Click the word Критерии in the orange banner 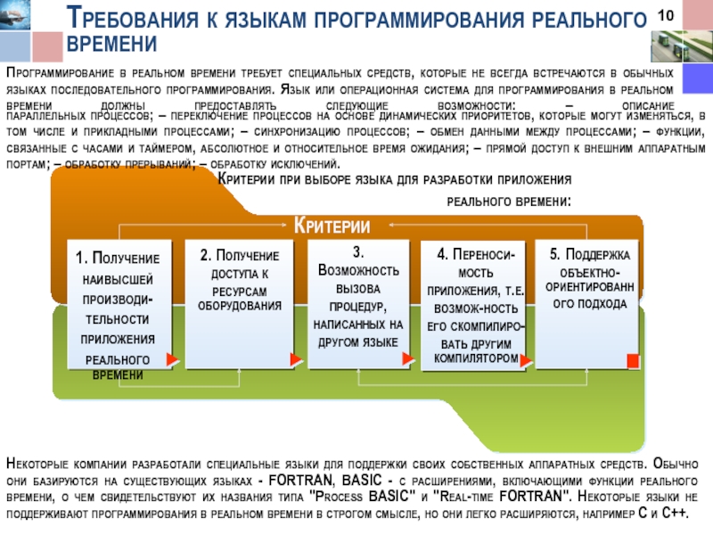coord(332,224)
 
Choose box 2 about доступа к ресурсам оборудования coord(239,303)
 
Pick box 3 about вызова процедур coord(360,303)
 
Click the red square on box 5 coord(633,359)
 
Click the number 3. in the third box coord(359,251)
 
